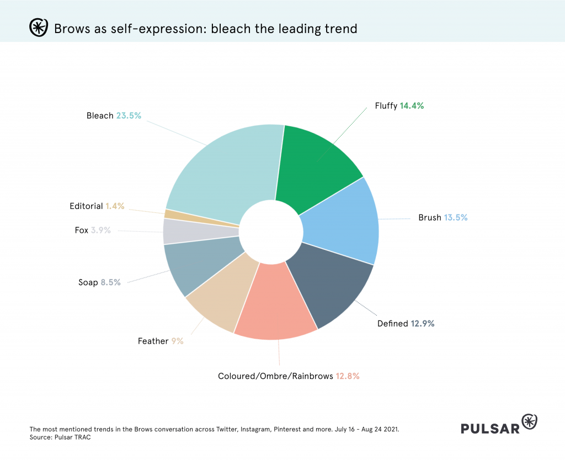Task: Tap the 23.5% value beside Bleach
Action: [x=129, y=116]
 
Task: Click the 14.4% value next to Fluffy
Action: [x=412, y=105]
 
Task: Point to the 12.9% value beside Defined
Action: [x=423, y=323]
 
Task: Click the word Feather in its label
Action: [x=153, y=341]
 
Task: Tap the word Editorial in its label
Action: [x=86, y=206]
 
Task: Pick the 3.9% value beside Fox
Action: [x=100, y=230]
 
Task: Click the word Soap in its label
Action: [x=88, y=282]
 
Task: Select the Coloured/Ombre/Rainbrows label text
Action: [x=275, y=376]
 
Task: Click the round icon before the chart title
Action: [x=38, y=27]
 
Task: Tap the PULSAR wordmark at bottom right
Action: [x=490, y=427]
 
